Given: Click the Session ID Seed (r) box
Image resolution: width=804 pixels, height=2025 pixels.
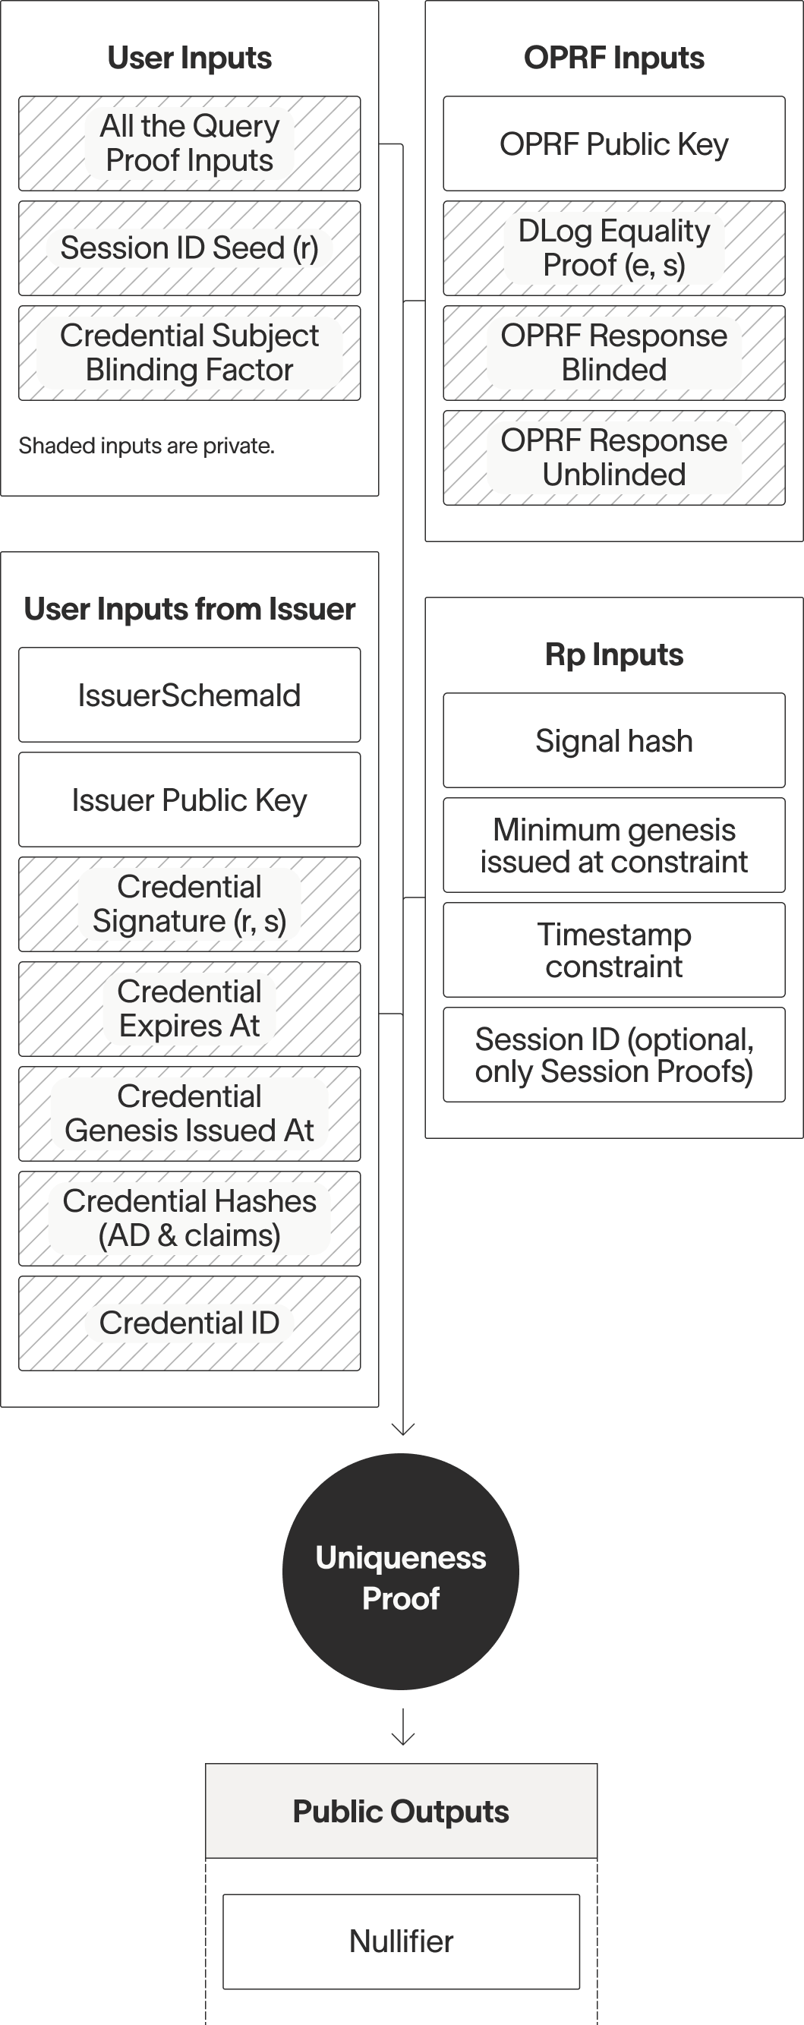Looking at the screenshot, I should tap(189, 248).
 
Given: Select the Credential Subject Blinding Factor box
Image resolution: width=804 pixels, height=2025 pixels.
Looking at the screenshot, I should tap(189, 353).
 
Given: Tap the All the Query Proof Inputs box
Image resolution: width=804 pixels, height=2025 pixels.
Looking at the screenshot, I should tap(189, 143).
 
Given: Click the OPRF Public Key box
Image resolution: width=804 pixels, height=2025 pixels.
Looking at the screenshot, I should tap(613, 144).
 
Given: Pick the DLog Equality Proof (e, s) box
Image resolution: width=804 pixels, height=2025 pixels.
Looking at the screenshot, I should tap(613, 248).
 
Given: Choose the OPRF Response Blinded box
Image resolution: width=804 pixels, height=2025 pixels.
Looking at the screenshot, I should tap(613, 353).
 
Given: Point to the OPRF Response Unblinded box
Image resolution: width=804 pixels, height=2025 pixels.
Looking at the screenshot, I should tap(613, 458).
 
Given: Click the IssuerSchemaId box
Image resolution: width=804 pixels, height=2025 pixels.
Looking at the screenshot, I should tap(189, 695).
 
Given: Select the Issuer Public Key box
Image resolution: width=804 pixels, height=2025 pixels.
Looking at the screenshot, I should tap(189, 800).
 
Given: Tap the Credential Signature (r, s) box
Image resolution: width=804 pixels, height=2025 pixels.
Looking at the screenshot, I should tap(189, 904).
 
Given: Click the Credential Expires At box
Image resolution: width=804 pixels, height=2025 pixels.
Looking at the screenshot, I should tap(189, 1008).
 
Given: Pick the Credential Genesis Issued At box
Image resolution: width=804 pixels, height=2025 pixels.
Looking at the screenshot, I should tap(189, 1113).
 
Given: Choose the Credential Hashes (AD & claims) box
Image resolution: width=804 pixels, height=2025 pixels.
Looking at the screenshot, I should tap(189, 1219).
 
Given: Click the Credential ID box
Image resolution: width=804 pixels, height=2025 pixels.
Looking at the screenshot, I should tap(189, 1323).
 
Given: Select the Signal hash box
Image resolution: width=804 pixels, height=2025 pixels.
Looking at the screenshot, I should tap(613, 740).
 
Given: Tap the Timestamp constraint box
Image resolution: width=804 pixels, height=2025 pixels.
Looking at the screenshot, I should tap(613, 950).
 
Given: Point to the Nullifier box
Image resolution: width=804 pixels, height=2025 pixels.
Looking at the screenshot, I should tap(401, 1941).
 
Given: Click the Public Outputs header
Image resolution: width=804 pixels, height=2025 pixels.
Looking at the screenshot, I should tap(401, 1811).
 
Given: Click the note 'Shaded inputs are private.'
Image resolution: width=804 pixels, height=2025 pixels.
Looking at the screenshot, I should tap(147, 446).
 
